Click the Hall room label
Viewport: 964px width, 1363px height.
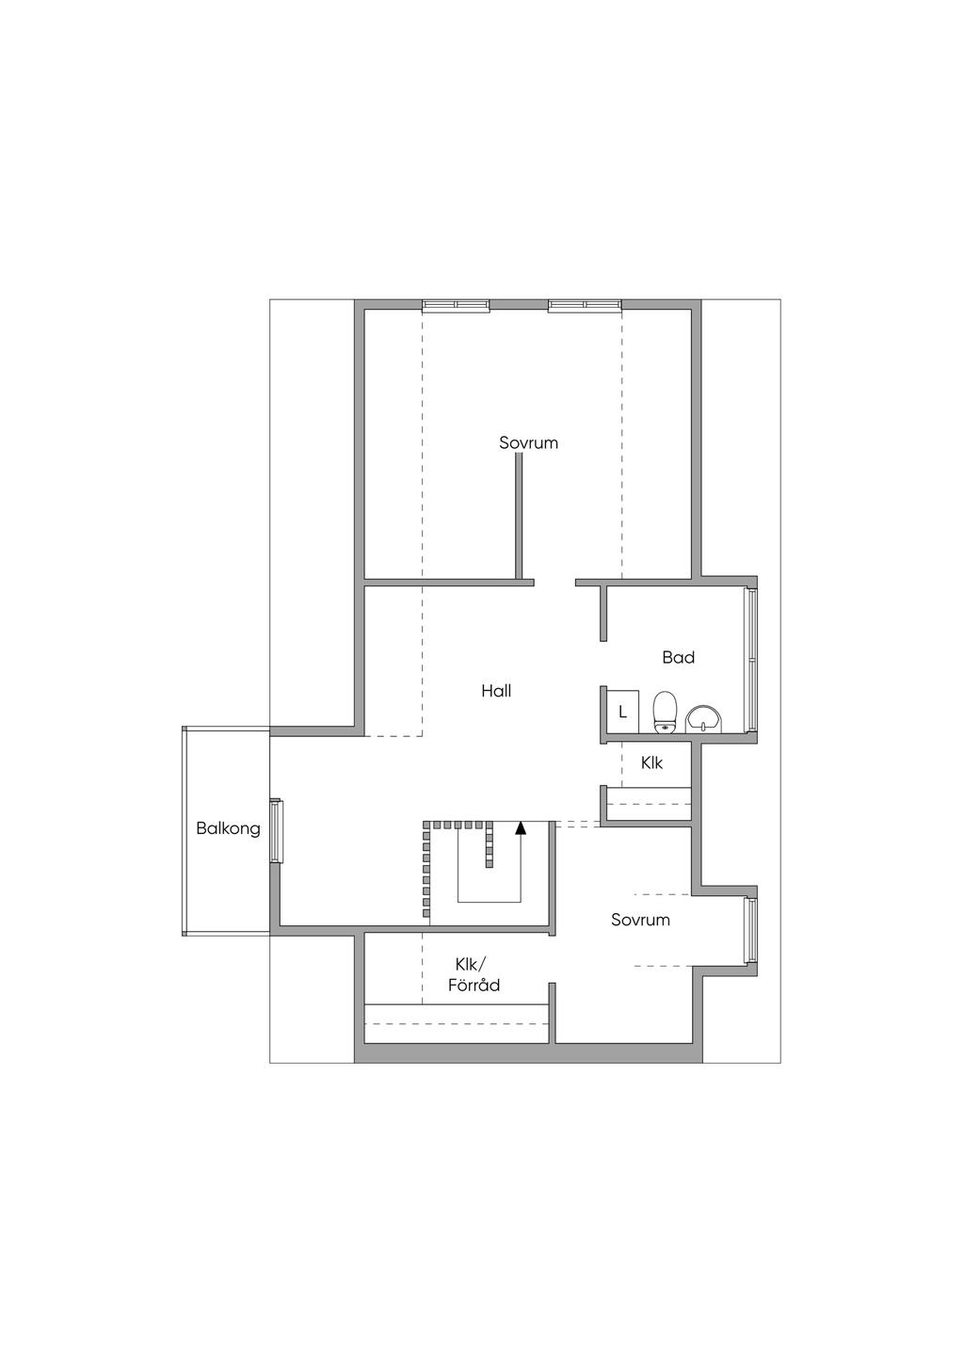click(x=496, y=691)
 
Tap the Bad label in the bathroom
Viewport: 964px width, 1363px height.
click(x=678, y=657)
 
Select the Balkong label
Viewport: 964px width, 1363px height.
click(x=228, y=828)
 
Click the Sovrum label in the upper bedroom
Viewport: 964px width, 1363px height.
click(x=528, y=442)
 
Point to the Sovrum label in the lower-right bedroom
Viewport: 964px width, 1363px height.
click(x=640, y=920)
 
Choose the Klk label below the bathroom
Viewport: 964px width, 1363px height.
click(x=651, y=762)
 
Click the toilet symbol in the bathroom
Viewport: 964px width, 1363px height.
click(x=666, y=711)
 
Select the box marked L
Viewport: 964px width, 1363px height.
click(x=622, y=712)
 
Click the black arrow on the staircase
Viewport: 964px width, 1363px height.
click(x=521, y=828)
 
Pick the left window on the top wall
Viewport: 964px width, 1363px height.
click(x=456, y=304)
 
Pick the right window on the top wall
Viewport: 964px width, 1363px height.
click(x=584, y=304)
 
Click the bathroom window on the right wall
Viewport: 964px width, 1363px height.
click(x=751, y=659)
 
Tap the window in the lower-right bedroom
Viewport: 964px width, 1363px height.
click(x=751, y=930)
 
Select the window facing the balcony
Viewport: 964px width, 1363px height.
click(x=276, y=830)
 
